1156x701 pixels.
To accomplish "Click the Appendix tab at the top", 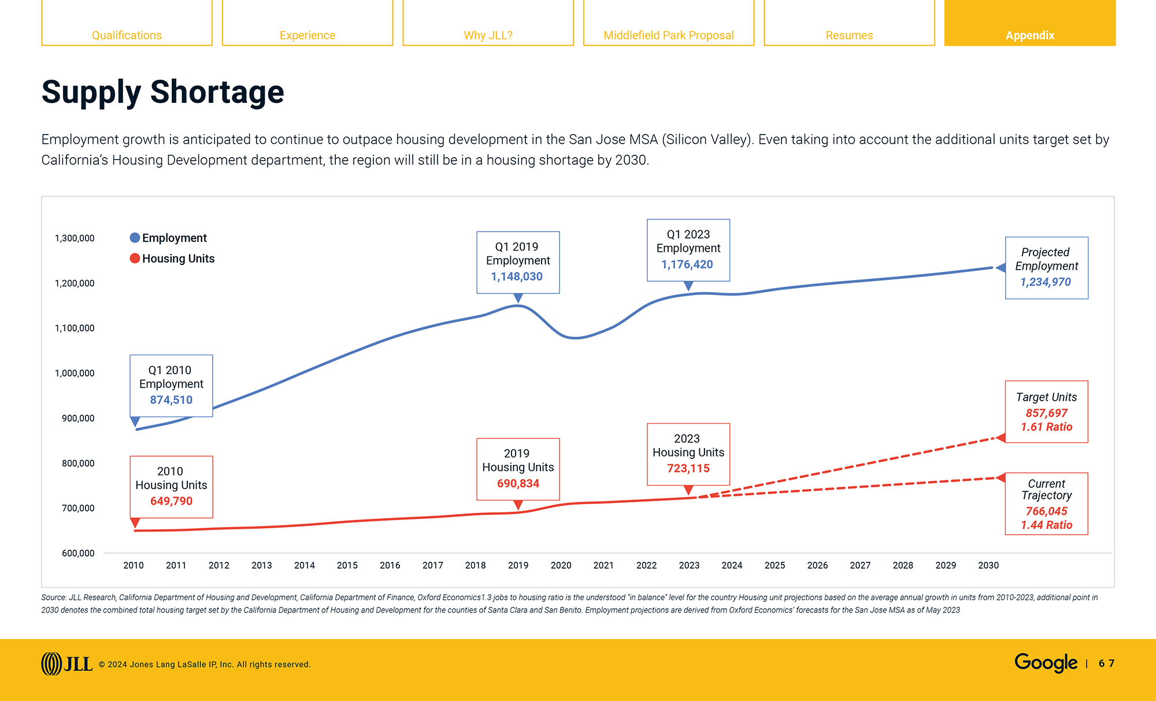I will point(1029,35).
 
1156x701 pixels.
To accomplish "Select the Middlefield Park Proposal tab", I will point(668,35).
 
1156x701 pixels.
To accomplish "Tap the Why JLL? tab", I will point(488,35).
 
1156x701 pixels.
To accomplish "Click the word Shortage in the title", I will point(217,92).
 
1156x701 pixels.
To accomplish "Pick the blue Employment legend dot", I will point(135,238).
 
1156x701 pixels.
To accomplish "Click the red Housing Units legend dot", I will point(135,258).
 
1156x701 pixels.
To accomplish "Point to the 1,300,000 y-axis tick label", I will point(75,238).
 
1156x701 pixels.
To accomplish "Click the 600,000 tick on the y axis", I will point(78,553).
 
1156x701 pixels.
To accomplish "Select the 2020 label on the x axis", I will point(561,565).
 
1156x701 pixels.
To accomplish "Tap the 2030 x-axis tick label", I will point(988,565).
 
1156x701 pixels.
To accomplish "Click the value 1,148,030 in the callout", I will point(517,277).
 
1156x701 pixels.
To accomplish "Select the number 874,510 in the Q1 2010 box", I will point(171,400).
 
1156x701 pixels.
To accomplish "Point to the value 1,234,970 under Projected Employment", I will point(1046,282).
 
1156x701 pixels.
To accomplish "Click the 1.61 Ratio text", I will point(1046,427).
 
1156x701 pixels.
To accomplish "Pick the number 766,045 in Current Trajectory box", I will point(1046,511).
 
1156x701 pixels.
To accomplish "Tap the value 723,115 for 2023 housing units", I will point(688,468).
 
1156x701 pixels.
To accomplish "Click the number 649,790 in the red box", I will point(171,501).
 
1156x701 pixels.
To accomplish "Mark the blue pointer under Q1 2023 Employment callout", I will point(688,286).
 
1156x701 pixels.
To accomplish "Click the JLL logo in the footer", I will point(66,664).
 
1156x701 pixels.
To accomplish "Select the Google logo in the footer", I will point(1046,663).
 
